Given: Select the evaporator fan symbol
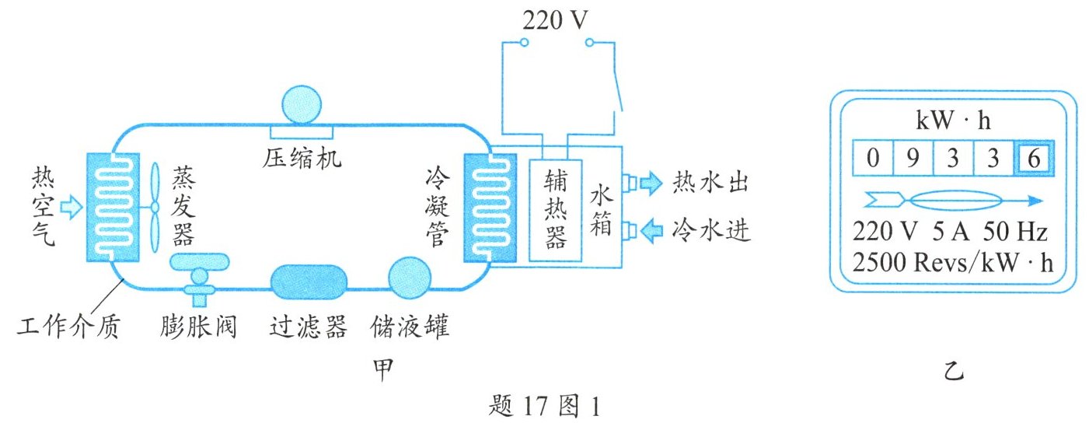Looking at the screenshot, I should (x=155, y=206).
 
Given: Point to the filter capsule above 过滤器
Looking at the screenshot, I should (x=308, y=281).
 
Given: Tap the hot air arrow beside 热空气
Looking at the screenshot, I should (x=71, y=206).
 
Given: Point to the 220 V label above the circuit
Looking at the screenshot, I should (x=550, y=20).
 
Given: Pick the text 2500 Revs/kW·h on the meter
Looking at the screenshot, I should (x=953, y=262).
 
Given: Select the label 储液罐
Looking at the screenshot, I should (x=410, y=327).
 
